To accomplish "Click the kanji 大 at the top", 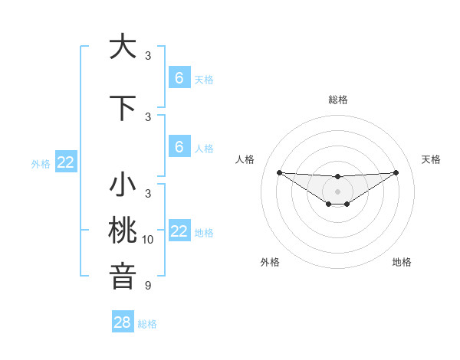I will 123,47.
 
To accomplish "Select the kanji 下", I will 123,109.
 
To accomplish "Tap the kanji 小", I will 123,186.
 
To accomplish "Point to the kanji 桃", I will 123,231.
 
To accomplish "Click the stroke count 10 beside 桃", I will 148,240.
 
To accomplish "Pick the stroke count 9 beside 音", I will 148,286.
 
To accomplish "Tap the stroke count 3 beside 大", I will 148,56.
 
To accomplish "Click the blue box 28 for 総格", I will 123,322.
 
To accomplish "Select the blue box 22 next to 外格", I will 66,162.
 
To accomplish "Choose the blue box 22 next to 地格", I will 179,231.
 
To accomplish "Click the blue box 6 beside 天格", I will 179,77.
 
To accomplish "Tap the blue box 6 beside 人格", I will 179,146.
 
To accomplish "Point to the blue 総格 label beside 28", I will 147,324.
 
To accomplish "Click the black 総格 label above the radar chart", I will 338,100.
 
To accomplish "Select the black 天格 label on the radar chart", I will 431,159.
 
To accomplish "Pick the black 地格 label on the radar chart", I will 402,262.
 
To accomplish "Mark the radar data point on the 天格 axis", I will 396,172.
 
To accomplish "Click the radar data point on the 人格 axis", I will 279,172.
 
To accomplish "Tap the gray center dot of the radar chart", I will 338,191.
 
